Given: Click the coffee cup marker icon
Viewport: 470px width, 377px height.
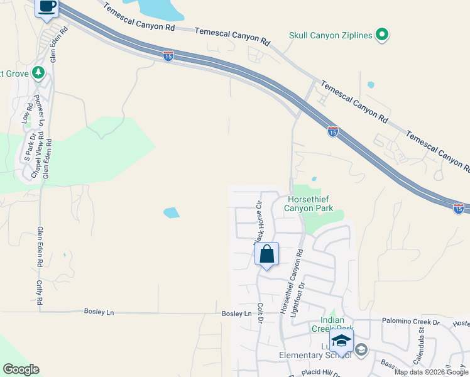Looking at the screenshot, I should (47, 7).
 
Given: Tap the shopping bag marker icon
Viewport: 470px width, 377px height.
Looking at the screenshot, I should (266, 255).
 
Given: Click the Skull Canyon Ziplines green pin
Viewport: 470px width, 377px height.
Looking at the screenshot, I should (381, 35).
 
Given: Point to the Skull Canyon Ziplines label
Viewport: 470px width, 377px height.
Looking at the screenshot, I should (331, 36).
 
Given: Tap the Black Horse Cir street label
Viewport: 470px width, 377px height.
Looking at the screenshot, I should (258, 223).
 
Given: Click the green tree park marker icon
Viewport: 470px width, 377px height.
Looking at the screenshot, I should (39, 74).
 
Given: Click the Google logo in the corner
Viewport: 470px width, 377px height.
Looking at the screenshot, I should (21, 369).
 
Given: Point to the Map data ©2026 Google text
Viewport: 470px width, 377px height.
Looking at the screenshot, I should (432, 372).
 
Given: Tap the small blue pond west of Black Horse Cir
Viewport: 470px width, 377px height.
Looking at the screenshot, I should (171, 213).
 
